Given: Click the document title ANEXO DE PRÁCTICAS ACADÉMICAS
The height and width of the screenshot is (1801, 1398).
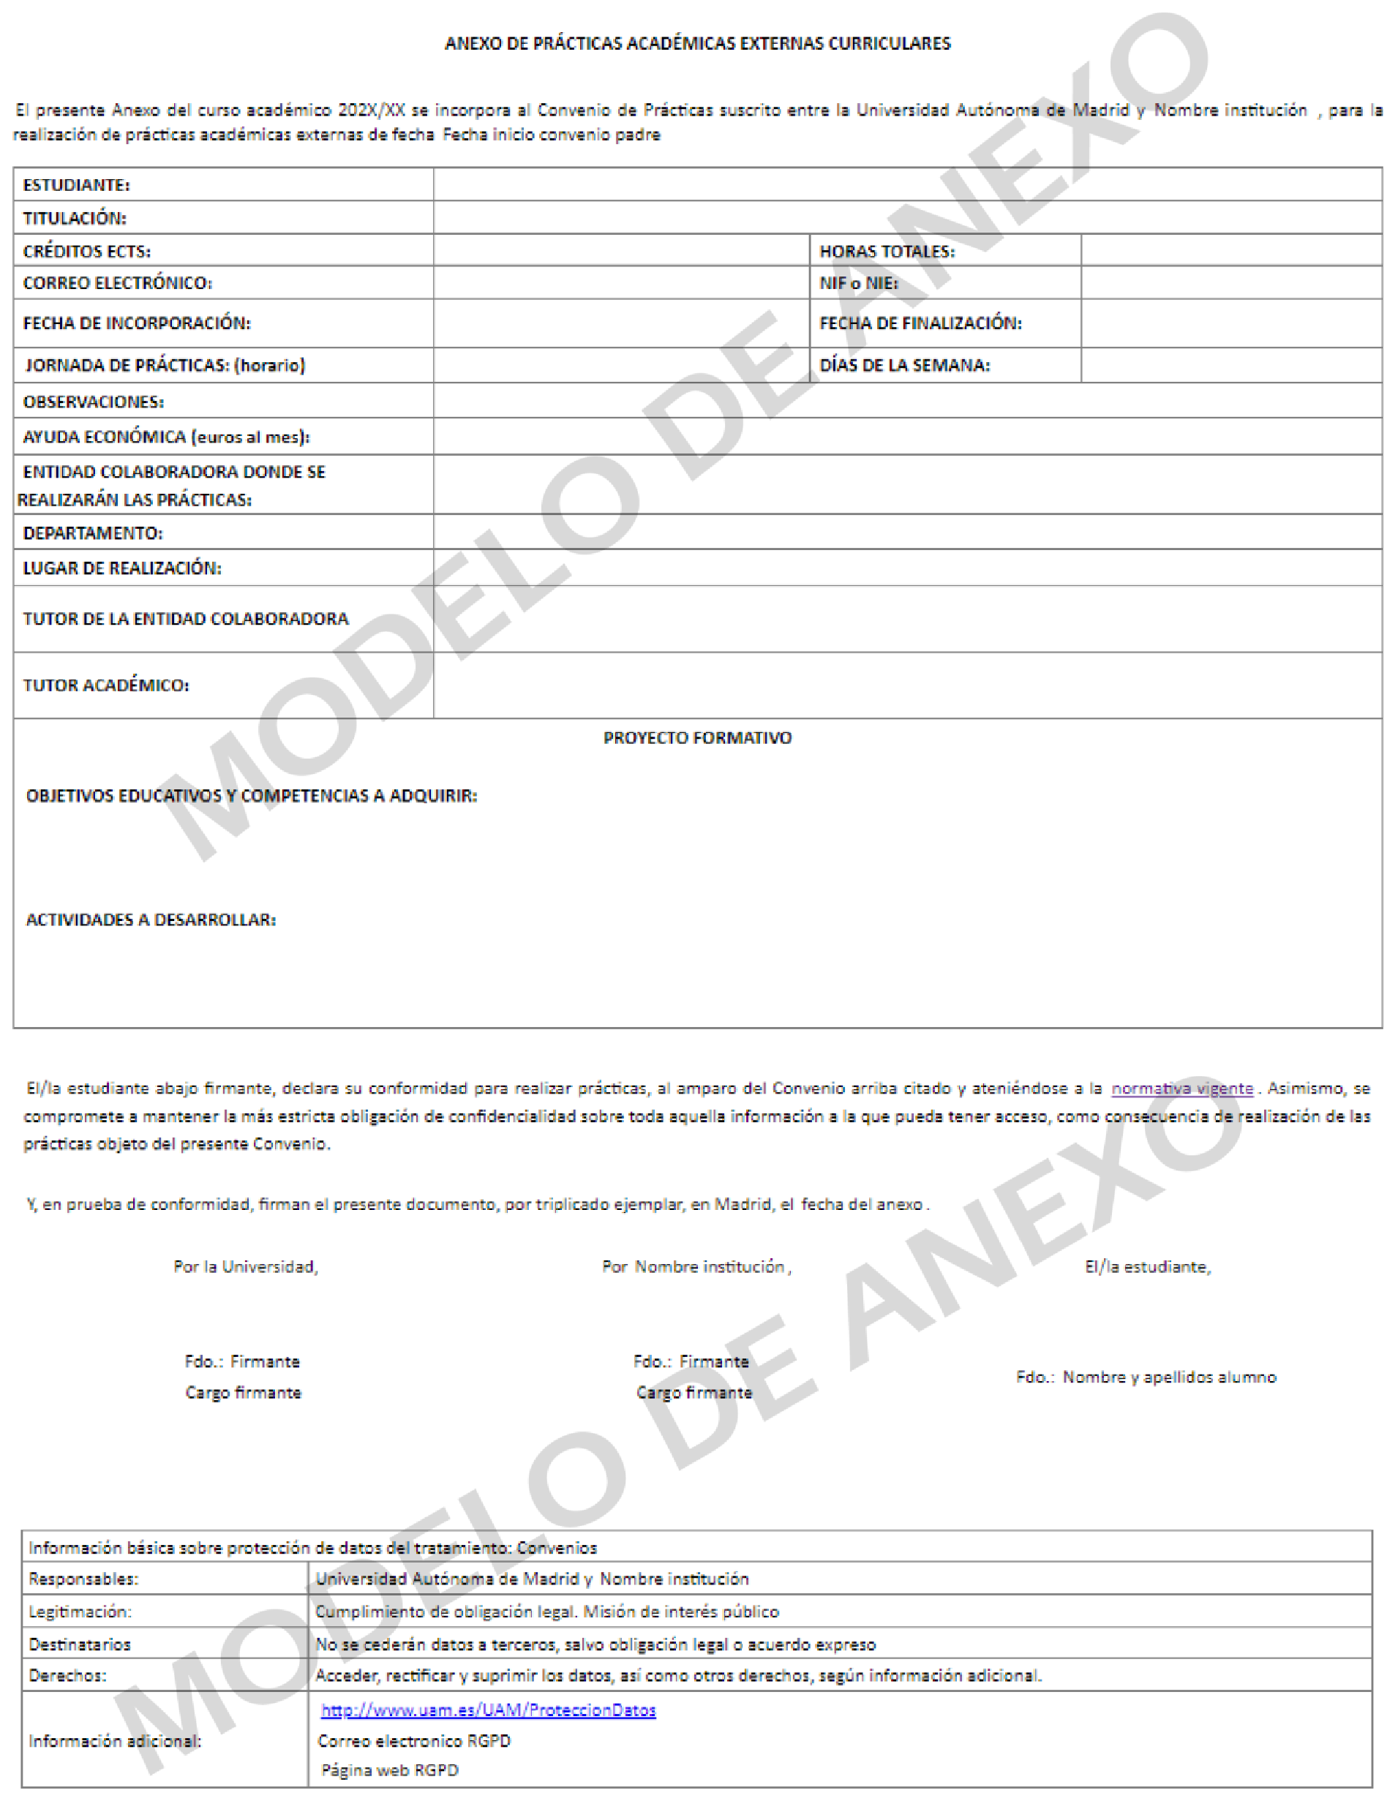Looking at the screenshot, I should click(697, 44).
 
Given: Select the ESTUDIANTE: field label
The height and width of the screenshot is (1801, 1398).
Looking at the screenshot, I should click(76, 186).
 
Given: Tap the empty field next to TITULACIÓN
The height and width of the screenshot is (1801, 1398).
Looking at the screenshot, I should click(907, 219).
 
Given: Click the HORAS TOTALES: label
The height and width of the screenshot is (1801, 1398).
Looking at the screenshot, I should click(887, 252).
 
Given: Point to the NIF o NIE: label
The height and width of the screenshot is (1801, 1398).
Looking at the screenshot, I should click(858, 284).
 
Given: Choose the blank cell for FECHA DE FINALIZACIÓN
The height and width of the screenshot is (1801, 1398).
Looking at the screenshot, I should click(1230, 323).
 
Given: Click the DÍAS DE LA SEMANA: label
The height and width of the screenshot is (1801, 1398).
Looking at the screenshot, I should click(904, 365).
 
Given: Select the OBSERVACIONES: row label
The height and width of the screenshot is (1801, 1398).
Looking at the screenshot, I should click(93, 402).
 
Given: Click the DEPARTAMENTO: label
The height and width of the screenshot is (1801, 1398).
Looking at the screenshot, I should click(92, 533).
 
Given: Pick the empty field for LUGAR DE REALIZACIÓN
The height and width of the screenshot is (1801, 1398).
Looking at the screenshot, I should click(907, 568).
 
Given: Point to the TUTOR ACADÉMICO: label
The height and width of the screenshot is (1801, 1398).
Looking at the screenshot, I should click(105, 685).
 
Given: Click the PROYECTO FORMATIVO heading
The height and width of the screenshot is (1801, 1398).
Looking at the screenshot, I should click(697, 738).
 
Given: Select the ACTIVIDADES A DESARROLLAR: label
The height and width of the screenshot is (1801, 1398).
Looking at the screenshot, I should click(151, 920).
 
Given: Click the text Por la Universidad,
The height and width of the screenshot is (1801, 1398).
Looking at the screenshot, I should click(246, 1267).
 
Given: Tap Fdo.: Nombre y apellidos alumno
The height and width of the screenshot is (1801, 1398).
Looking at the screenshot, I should click(1146, 1377).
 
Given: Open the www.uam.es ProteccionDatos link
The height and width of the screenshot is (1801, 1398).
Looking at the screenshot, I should click(488, 1710).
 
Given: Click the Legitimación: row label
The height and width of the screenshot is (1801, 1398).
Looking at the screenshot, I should click(79, 1612).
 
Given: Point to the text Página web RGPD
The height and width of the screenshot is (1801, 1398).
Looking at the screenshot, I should click(389, 1770).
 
